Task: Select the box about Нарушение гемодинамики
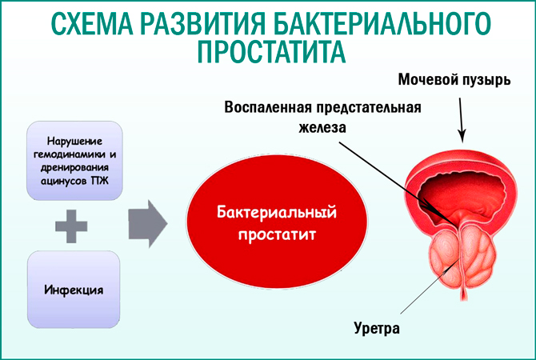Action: click(74, 158)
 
